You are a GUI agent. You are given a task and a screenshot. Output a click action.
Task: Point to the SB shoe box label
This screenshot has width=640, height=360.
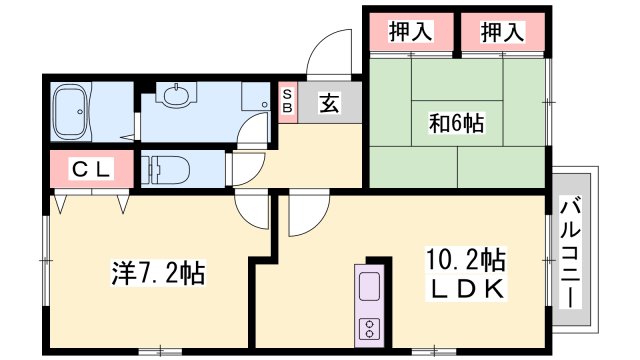(287, 100)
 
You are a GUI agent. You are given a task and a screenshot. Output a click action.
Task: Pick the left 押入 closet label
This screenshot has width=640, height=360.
(409, 31)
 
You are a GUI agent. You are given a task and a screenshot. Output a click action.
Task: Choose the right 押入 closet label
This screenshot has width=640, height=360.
(503, 31)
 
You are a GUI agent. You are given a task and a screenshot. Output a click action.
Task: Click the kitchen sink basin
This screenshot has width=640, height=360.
(367, 287)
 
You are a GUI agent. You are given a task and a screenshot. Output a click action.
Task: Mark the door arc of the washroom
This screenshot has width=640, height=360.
(257, 128)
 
